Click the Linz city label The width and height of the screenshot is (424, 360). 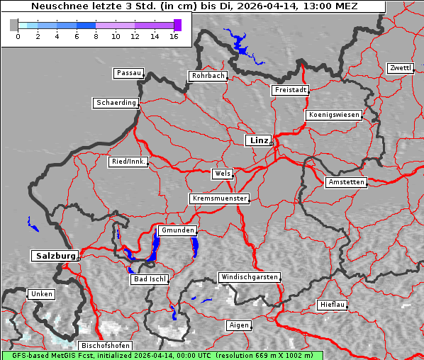[x=257, y=140]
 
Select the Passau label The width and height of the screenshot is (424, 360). [x=128, y=73]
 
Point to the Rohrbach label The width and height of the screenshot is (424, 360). [x=207, y=76]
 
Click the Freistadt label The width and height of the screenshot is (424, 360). [x=289, y=90]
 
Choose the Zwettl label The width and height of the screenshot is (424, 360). [x=400, y=68]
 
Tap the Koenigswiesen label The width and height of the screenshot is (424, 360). [x=334, y=115]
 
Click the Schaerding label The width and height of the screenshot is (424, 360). [x=116, y=103]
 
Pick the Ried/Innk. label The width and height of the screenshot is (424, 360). [x=128, y=162]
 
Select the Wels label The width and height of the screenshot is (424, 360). [x=222, y=174]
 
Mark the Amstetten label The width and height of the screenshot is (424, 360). [x=346, y=182]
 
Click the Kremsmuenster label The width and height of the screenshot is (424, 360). [x=220, y=198]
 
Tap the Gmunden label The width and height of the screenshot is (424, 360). [x=177, y=230]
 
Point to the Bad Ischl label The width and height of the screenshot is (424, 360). [x=150, y=279]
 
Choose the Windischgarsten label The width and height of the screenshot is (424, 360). [x=249, y=277]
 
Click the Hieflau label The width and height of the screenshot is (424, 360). [x=333, y=305]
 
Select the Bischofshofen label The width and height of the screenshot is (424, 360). [x=105, y=345]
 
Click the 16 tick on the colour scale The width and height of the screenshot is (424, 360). [x=173, y=35]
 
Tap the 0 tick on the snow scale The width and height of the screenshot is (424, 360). [x=18, y=35]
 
